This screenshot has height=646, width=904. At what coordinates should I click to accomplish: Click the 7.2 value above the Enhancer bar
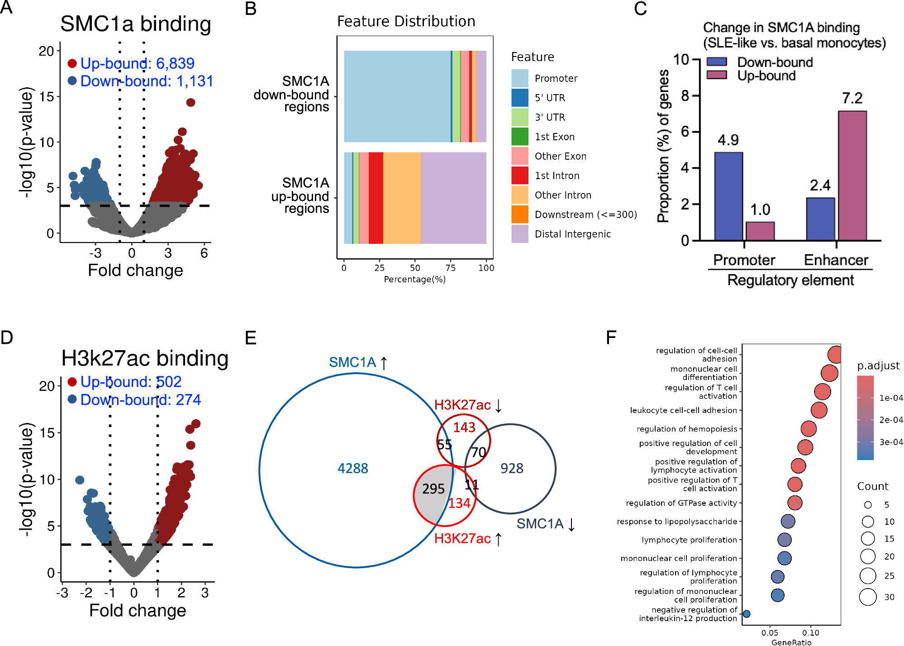[x=852, y=98]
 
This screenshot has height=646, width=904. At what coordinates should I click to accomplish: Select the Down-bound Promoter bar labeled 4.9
[x=728, y=196]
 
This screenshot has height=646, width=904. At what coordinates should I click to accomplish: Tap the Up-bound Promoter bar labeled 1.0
[x=760, y=231]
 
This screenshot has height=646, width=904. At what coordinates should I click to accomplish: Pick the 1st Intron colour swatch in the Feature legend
[x=520, y=176]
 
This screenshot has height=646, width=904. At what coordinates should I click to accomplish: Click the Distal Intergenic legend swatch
[x=520, y=234]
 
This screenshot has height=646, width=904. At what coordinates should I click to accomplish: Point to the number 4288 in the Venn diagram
[x=353, y=468]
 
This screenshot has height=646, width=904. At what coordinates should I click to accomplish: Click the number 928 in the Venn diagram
[x=512, y=468]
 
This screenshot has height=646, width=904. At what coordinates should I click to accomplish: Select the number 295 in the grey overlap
[x=433, y=489]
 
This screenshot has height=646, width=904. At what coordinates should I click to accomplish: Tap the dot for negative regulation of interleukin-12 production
[x=747, y=614]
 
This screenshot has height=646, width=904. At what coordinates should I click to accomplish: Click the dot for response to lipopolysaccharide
[x=788, y=521]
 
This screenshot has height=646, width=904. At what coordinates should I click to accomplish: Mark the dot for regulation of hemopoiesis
[x=809, y=428]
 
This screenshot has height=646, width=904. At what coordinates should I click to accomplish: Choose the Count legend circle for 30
[x=868, y=597]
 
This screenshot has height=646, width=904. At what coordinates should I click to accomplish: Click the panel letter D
[x=7, y=337]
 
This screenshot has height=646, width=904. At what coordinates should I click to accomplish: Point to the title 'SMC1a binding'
[x=136, y=24]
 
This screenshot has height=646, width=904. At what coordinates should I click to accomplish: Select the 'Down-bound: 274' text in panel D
[x=140, y=399]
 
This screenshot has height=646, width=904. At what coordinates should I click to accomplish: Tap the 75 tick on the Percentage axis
[x=450, y=268]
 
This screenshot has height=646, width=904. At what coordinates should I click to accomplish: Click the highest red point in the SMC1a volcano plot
[x=190, y=103]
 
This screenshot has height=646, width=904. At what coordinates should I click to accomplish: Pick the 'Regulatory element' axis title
[x=790, y=280]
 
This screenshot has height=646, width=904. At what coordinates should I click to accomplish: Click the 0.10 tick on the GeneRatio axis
[x=810, y=633]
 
